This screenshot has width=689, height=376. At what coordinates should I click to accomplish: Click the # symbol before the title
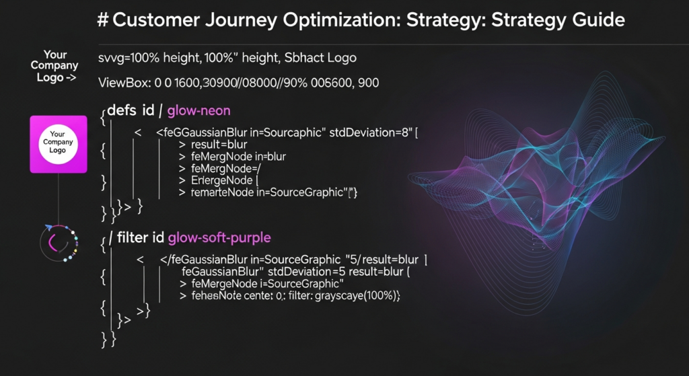(x=103, y=20)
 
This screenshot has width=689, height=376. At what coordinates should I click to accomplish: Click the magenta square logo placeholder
(x=59, y=144)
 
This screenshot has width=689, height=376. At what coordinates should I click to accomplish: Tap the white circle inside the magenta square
(x=58, y=142)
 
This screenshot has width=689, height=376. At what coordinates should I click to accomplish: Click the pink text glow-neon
(x=199, y=110)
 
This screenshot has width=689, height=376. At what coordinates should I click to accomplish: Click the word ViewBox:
(x=124, y=83)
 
